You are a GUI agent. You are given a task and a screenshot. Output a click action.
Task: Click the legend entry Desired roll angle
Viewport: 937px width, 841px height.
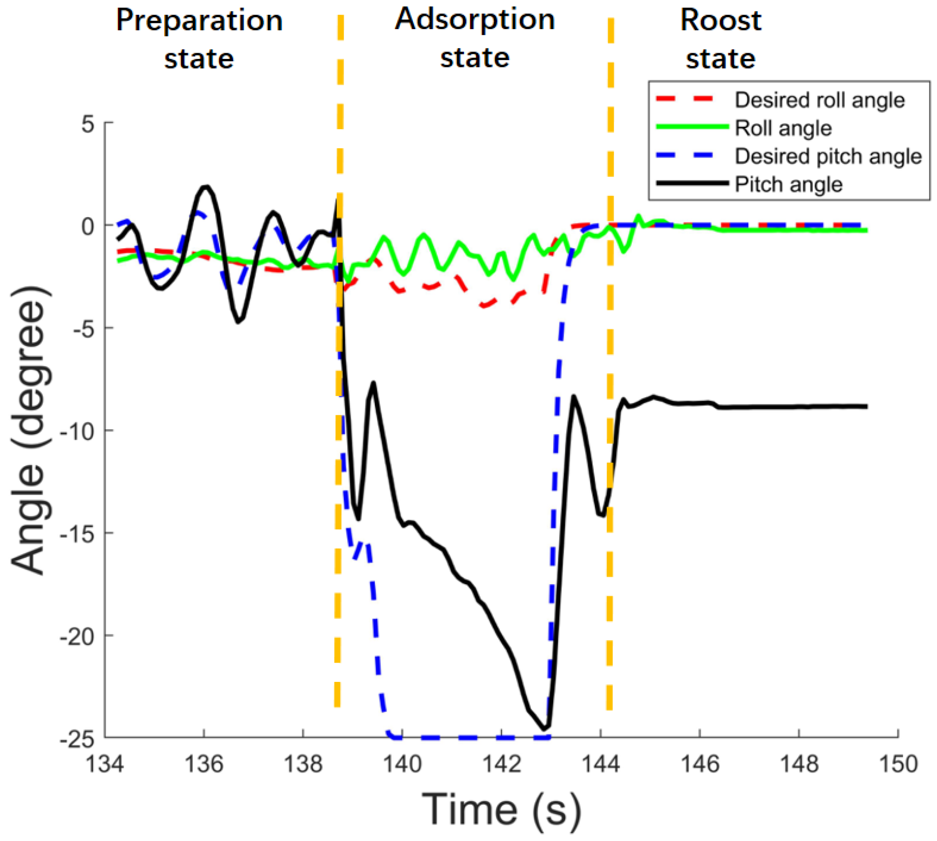(819, 100)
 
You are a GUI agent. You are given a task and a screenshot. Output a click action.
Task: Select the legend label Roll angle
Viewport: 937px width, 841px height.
(783, 128)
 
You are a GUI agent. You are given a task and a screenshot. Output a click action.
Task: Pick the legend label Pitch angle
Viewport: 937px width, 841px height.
(788, 185)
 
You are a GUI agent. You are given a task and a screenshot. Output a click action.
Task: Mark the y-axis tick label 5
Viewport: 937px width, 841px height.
(88, 124)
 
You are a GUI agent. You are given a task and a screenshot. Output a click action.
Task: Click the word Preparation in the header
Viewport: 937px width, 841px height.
(199, 21)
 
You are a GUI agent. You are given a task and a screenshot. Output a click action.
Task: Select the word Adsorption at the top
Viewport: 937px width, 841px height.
(474, 20)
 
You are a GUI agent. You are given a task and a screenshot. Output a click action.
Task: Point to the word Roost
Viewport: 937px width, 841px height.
(720, 21)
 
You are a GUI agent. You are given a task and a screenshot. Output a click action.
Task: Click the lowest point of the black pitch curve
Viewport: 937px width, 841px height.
(545, 729)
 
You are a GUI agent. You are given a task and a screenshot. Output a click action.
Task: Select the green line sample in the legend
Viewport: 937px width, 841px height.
(691, 127)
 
